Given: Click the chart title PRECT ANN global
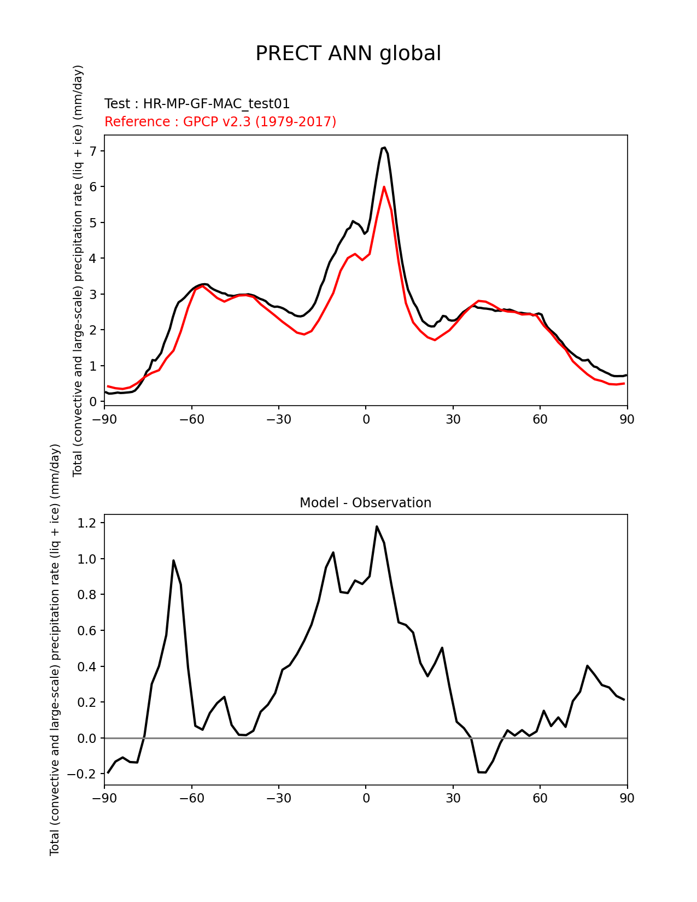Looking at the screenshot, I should (348, 54).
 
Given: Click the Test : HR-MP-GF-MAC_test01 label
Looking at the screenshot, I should (197, 104).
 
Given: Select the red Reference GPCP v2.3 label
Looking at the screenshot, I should (220, 121).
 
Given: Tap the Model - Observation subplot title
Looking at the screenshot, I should (365, 503).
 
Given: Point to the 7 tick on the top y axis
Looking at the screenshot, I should (93, 151).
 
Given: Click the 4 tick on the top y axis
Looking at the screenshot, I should (93, 258).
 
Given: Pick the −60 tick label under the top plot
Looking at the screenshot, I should (191, 419).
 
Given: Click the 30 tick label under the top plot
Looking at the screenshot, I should (453, 419).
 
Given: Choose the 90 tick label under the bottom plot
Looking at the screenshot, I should (627, 798).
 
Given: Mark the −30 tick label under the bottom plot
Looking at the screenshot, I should (278, 798).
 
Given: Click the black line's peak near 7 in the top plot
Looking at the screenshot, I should (384, 148).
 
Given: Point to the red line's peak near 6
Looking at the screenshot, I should (384, 187).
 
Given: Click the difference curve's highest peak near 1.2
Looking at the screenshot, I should (377, 526).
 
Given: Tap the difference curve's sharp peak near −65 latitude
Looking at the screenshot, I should (173, 560).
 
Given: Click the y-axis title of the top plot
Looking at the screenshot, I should (78, 271).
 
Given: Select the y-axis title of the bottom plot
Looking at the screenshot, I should (55, 649).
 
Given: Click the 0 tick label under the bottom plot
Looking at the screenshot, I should (366, 798).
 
